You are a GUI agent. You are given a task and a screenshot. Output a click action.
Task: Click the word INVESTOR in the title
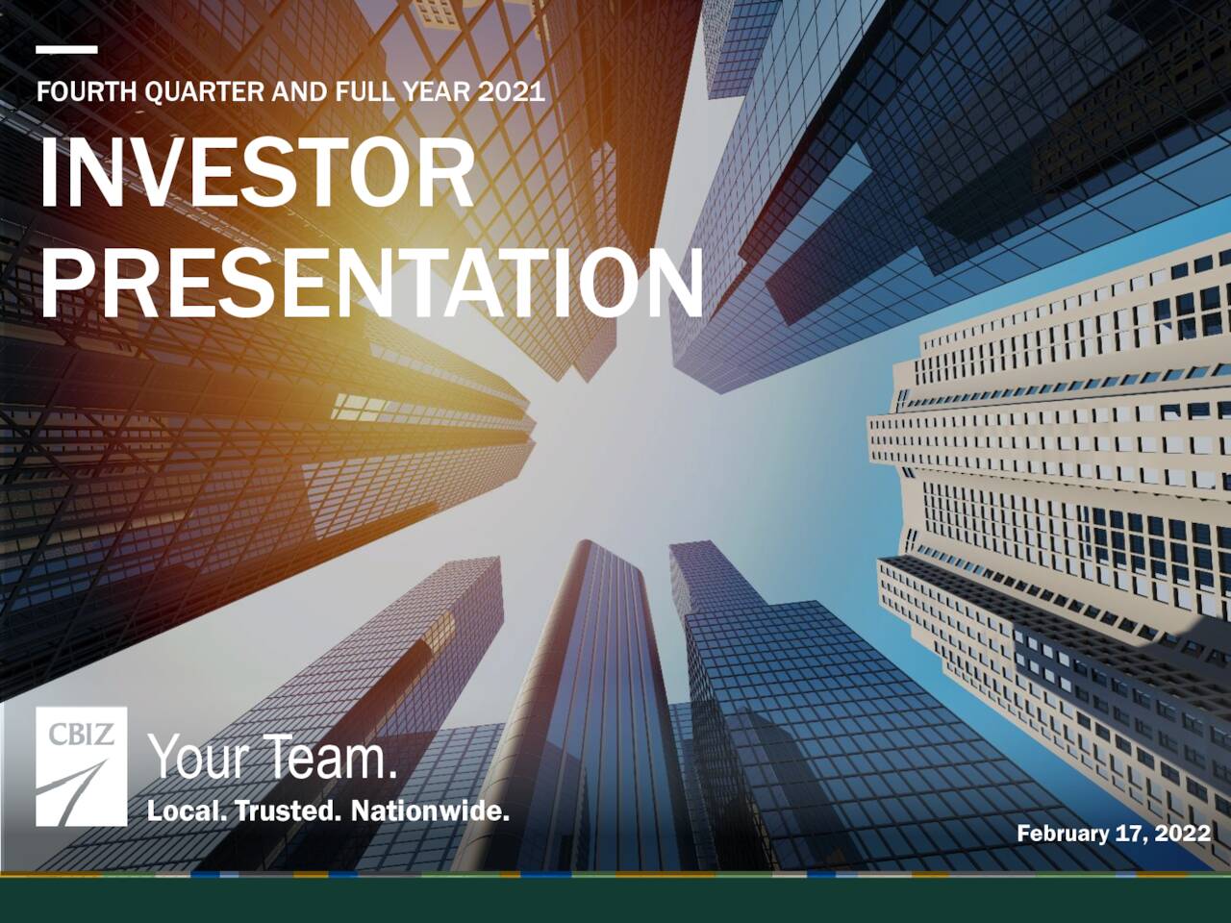[x=257, y=175]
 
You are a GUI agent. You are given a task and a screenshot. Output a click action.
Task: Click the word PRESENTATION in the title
[x=370, y=284]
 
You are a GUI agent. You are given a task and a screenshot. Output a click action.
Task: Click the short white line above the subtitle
[x=66, y=49]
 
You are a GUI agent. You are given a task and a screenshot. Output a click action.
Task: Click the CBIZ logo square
[x=82, y=766]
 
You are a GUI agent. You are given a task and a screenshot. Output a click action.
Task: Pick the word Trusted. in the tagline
[x=289, y=811]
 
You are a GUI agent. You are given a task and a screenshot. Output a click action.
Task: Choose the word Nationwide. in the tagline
[x=429, y=811]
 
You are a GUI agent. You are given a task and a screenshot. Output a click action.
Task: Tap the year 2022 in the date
[x=1183, y=834]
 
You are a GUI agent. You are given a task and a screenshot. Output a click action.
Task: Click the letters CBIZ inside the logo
[x=82, y=735]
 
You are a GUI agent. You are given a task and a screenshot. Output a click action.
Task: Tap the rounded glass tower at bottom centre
[x=587, y=711]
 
